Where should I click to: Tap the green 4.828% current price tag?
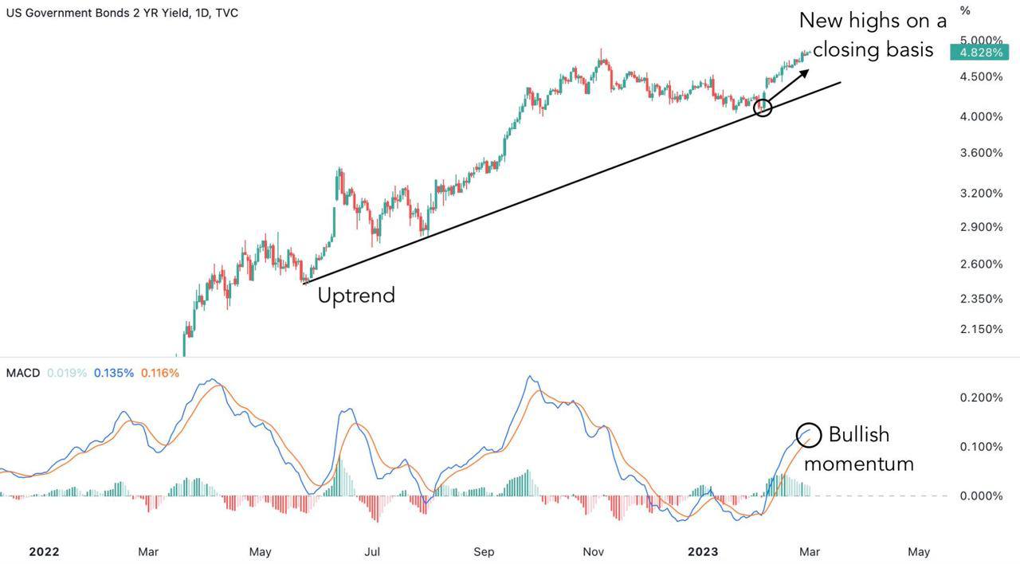pos(979,53)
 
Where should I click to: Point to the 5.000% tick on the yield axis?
pos(981,40)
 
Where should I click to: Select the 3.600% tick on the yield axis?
pos(981,153)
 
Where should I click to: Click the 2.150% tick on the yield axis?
pos(981,329)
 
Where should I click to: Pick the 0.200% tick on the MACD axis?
pos(981,398)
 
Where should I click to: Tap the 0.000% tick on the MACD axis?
pos(981,495)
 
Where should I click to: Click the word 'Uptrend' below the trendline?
pos(356,296)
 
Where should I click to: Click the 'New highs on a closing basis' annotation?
pos(873,35)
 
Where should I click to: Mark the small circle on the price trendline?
pos(763,108)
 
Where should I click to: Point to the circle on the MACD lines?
pos(809,434)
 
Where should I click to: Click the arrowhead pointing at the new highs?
pos(804,73)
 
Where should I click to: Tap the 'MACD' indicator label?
pos(22,373)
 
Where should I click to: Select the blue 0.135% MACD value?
pos(113,373)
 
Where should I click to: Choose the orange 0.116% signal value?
pos(159,373)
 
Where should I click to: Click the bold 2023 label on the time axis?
pos(703,551)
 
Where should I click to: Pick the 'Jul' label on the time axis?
pos(372,551)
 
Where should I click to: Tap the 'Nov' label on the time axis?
pos(593,551)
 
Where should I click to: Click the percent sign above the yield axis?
pos(965,11)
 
